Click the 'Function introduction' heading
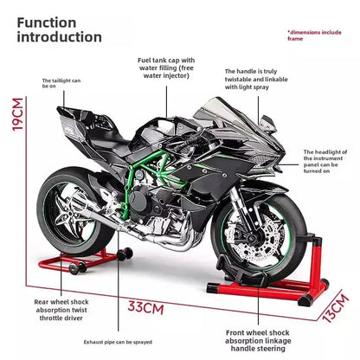pyautogui.click(x=59, y=29)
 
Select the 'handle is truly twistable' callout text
pyautogui.click(x=252, y=80)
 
